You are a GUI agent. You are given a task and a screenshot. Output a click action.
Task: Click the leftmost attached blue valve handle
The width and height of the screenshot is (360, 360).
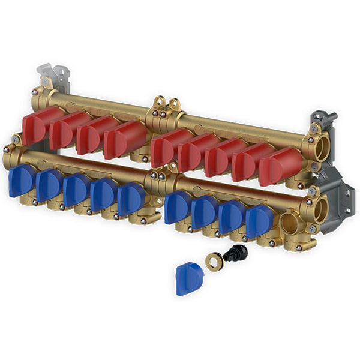(x=22, y=181)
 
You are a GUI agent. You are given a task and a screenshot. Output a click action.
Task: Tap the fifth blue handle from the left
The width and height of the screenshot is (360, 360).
(x=131, y=199)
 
